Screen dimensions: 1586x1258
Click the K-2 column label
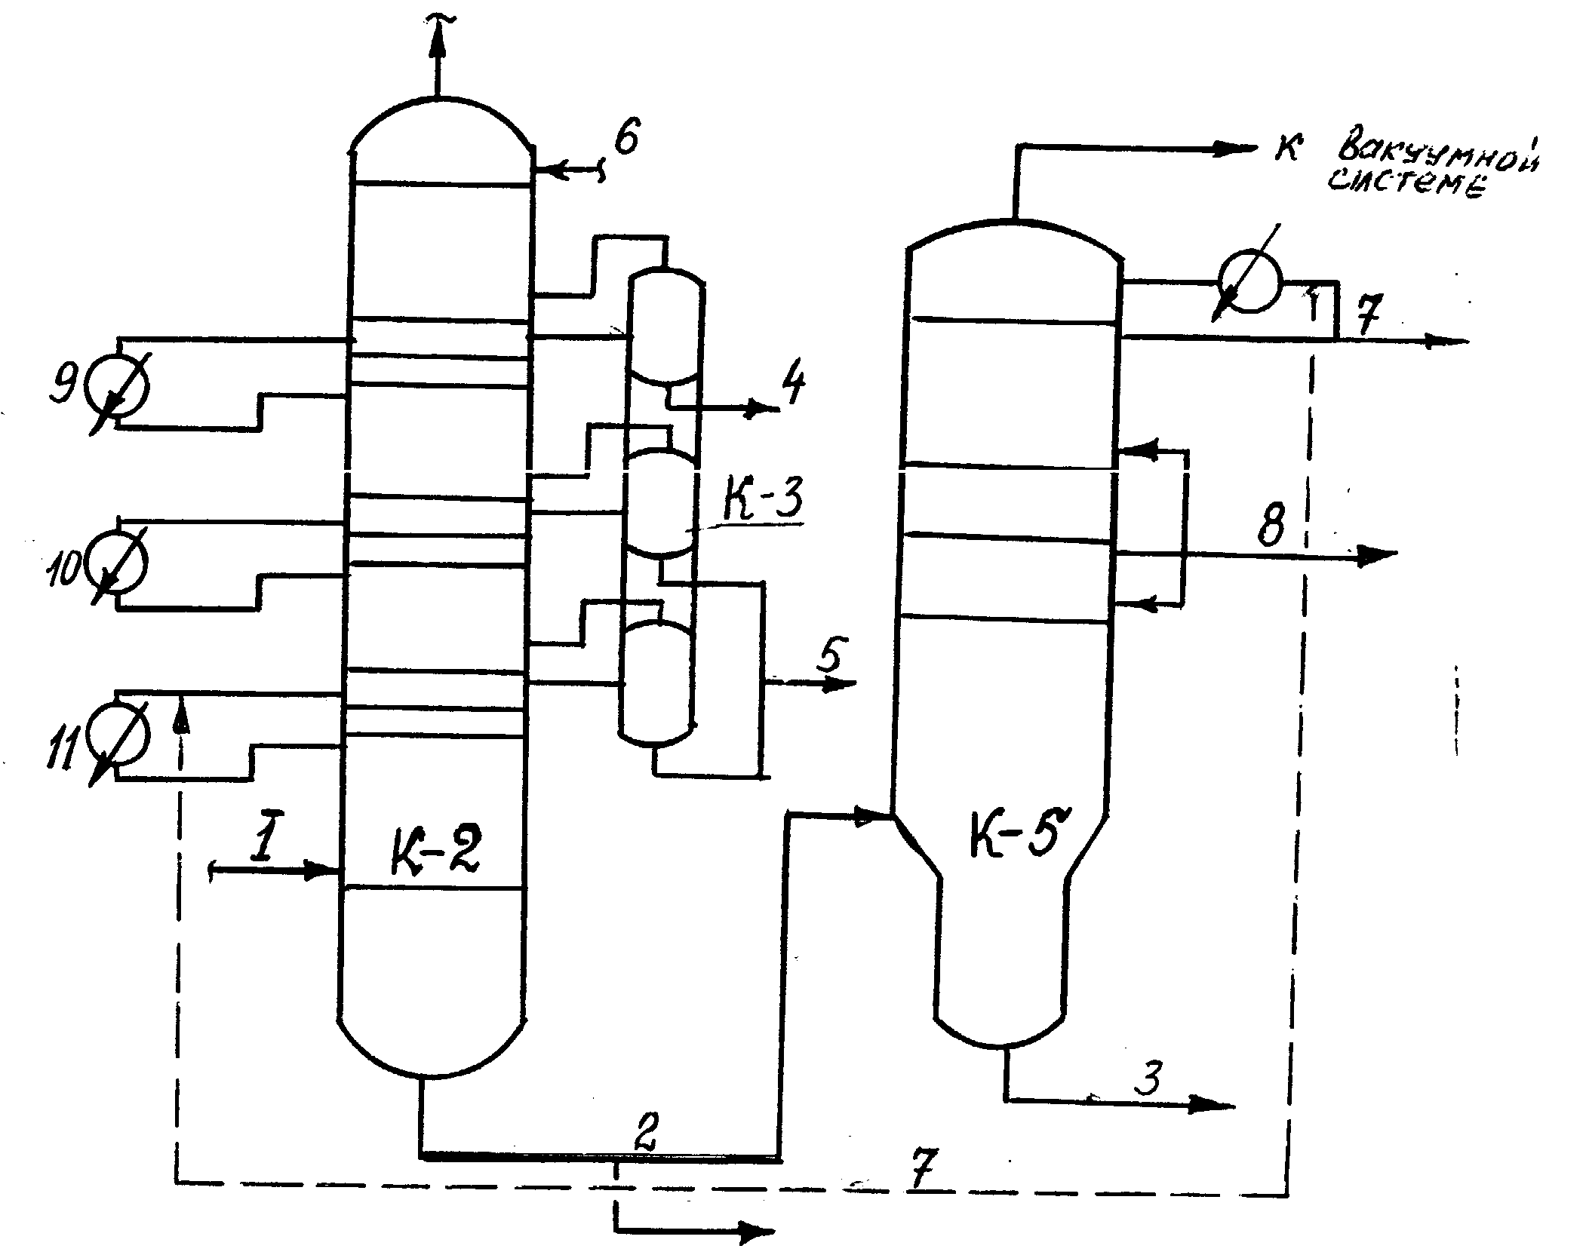(x=435, y=850)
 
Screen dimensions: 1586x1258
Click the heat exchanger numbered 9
(x=118, y=386)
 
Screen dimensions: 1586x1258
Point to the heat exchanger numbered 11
(x=118, y=735)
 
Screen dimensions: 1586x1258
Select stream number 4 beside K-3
(x=791, y=385)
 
